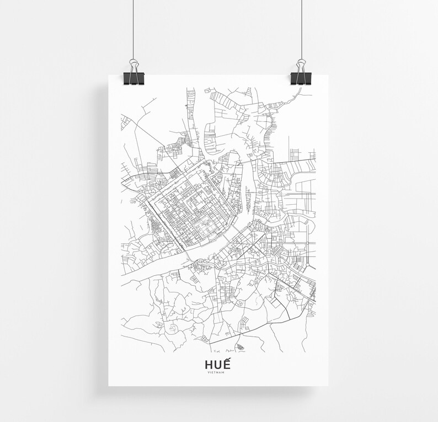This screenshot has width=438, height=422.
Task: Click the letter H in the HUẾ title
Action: coord(209,365)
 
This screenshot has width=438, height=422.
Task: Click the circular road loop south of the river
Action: coord(241,302)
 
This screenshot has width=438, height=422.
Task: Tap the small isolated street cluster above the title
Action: coord(241,346)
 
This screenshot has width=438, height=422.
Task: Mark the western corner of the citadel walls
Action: coord(147,200)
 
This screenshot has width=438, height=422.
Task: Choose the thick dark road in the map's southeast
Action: coord(288,303)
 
